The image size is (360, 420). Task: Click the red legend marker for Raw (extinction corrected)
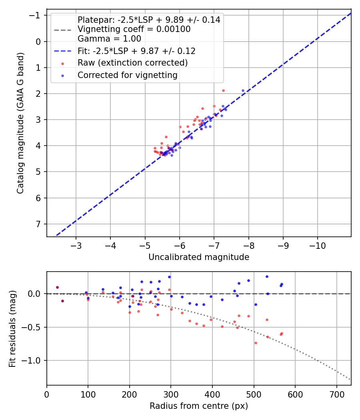pos(62,63)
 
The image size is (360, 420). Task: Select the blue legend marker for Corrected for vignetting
pos(62,75)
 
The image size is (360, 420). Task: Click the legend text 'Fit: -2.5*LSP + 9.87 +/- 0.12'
pos(136,51)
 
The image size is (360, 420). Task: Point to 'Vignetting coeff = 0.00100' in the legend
pos(134,29)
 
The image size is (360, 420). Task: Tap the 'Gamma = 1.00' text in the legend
pos(109,39)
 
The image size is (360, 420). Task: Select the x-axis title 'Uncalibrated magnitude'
pos(199,257)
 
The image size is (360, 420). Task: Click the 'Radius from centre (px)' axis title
pos(199,406)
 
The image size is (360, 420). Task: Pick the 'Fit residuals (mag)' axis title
pos(12,328)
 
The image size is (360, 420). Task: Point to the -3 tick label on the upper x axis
pos(76,245)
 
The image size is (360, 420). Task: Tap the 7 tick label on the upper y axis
pos(39,224)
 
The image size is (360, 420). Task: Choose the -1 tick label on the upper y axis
pos(36,16)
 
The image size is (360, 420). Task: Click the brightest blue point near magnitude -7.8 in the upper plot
pos(243,91)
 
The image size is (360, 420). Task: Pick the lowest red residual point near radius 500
pos(256,343)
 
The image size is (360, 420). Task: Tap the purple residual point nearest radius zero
pos(57,287)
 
